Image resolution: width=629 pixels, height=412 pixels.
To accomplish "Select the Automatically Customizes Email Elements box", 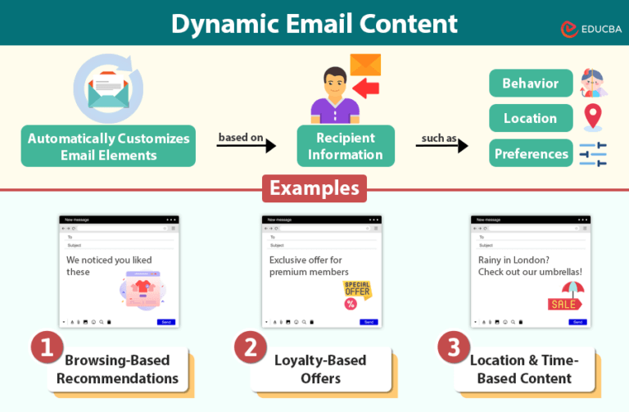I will point(108,147).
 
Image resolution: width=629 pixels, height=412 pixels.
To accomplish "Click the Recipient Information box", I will point(345,146).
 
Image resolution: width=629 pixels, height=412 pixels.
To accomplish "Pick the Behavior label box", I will point(530,84).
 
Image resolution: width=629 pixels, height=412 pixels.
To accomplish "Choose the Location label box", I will point(530,118).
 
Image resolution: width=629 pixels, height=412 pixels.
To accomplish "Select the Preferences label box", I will point(531,153).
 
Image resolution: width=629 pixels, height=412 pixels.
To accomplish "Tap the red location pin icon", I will point(592,117).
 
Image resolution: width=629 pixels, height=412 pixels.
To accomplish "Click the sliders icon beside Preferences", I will point(592,154).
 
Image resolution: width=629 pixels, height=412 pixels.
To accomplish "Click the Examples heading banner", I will point(314,188).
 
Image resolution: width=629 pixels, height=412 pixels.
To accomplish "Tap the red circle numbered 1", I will point(48,347).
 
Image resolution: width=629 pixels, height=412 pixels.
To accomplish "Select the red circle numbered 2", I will point(251,347).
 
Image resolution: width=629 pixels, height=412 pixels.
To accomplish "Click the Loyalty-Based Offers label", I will point(320,369).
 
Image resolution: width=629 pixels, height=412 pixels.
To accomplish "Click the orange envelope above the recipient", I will point(365,66).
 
